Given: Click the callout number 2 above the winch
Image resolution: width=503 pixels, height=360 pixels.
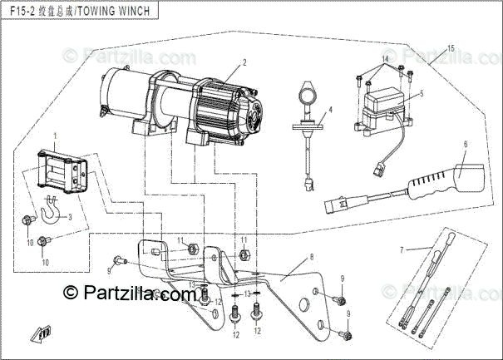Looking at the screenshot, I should [x=244, y=62].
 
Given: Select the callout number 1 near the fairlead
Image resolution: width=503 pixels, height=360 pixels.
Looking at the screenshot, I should [x=55, y=136].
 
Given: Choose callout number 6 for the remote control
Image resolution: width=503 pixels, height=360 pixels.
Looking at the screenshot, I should [x=466, y=145].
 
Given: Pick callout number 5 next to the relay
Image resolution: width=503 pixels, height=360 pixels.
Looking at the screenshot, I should [x=422, y=94].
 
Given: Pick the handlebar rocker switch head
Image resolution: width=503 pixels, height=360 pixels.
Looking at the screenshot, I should [x=307, y=87].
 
